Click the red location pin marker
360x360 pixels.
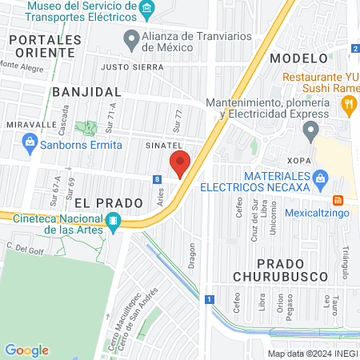(181, 162)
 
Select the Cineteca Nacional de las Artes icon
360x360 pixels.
(114, 221)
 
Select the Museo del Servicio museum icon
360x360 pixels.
(146, 10)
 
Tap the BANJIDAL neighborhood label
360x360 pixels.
(86, 92)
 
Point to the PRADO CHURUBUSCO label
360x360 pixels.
(292, 270)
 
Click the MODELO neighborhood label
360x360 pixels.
(298, 58)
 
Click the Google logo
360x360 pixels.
(26, 350)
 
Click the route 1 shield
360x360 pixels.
(209, 299)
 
